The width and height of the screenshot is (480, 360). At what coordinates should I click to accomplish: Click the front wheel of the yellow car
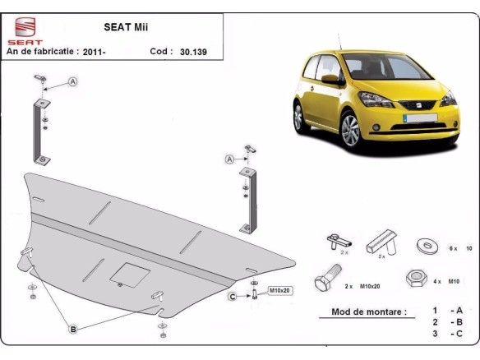click(x=351, y=130)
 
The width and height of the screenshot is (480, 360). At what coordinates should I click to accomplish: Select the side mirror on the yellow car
click(x=329, y=80)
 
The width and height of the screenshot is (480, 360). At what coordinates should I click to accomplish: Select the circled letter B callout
click(x=73, y=330)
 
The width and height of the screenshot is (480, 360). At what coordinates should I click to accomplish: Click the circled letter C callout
click(x=233, y=296)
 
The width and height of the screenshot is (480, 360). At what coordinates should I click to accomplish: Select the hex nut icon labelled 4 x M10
click(x=415, y=279)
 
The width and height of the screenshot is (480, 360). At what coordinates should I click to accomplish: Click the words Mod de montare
click(x=368, y=312)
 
